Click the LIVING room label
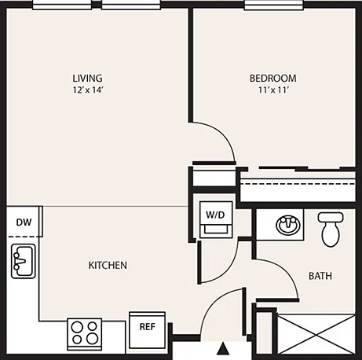click(87, 78)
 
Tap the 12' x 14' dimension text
click(88, 90)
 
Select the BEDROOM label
click(273, 78)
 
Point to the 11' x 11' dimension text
click(273, 90)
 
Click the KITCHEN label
click(108, 265)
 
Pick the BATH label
click(320, 276)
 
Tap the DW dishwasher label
click(24, 222)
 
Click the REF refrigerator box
click(147, 330)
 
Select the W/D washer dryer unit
click(216, 219)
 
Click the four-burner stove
click(85, 334)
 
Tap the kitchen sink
click(24, 261)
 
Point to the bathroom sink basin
click(288, 225)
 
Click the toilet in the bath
click(331, 230)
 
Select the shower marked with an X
click(316, 335)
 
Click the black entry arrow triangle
click(223, 348)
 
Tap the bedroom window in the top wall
click(274, 5)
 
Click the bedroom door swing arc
click(224, 134)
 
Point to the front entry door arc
click(211, 304)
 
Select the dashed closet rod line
click(298, 184)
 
